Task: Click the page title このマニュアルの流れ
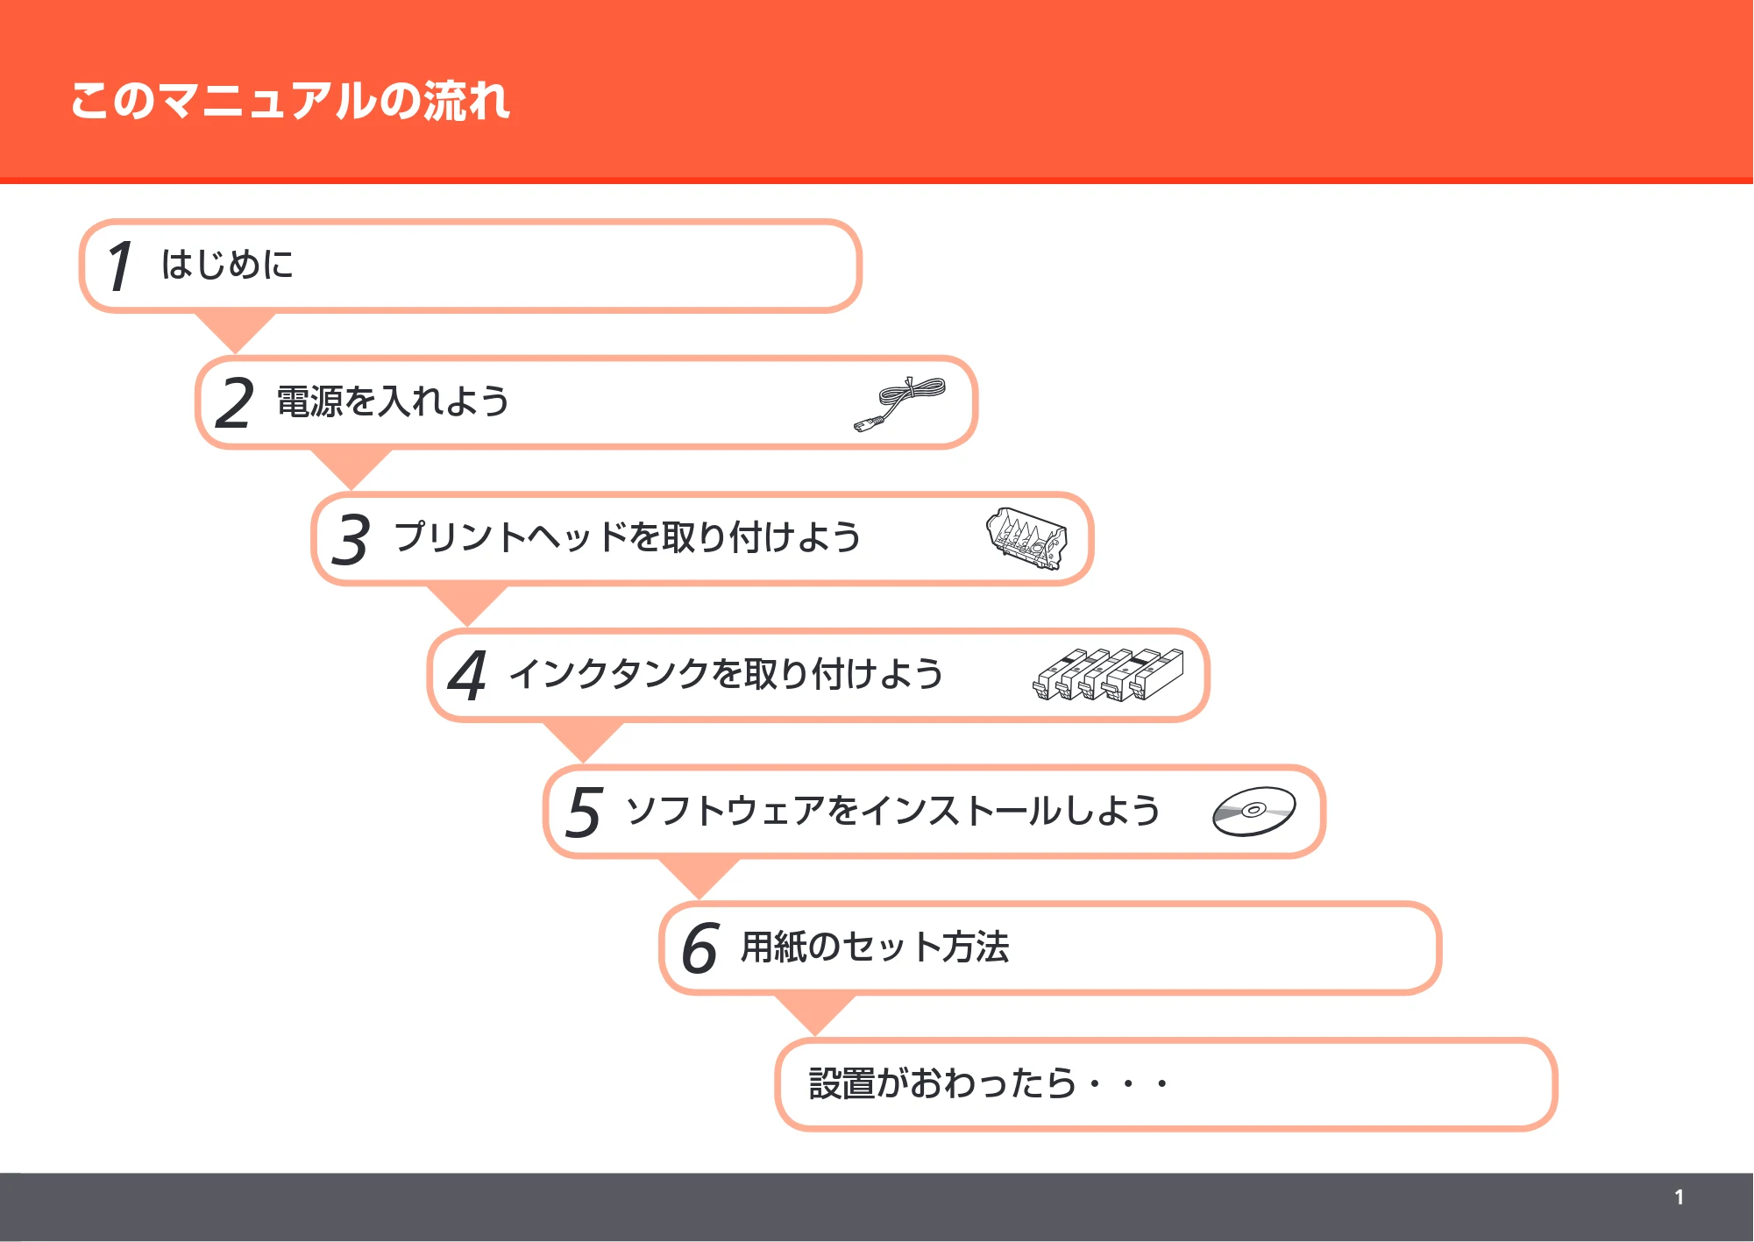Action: [x=290, y=100]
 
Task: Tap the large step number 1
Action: [x=120, y=266]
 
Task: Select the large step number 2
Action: [x=234, y=403]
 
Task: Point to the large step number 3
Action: [x=351, y=539]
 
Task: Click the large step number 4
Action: [x=467, y=676]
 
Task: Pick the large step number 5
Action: [x=584, y=812]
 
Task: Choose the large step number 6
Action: [x=699, y=948]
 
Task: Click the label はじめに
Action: [x=227, y=264]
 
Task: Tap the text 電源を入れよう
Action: [x=393, y=401]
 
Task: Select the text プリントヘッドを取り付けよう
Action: [x=628, y=537]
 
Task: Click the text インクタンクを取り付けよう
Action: [x=727, y=674]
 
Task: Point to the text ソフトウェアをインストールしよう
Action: [x=893, y=811]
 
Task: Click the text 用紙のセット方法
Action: [x=875, y=947]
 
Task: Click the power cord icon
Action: [x=899, y=404]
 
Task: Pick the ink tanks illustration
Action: [x=1108, y=674]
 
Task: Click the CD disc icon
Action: [x=1253, y=811]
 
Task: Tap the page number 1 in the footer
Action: [x=1679, y=1197]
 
